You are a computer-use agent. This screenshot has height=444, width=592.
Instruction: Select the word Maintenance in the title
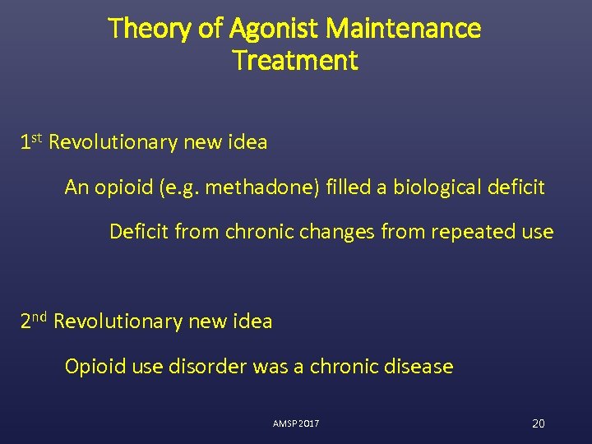pos(404,30)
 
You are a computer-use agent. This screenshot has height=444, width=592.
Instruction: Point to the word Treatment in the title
pos(295,61)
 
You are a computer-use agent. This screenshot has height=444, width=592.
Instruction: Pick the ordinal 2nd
pos(34,321)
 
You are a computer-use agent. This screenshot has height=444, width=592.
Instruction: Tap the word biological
pos(431,187)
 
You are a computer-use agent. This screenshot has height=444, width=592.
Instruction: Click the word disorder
pos(206,367)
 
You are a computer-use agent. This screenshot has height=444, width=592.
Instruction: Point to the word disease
pos(419,367)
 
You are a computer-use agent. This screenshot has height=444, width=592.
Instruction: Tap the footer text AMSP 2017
pos(296,423)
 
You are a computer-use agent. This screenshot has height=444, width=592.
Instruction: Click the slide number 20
pos(539,423)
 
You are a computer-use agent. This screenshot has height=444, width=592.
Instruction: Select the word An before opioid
pos(76,187)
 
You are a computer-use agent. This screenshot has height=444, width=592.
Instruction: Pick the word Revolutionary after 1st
pos(113,142)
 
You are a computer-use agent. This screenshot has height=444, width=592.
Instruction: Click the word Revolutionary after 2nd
pos(118,321)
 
